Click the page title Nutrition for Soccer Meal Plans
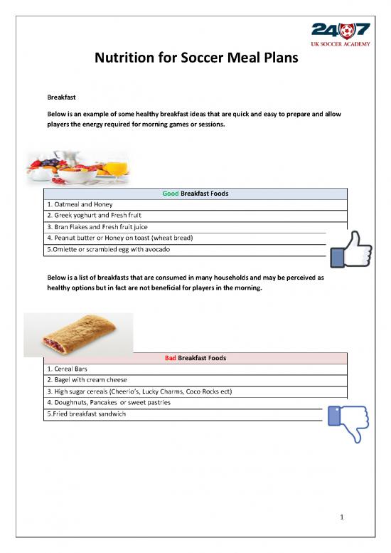[195, 68]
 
